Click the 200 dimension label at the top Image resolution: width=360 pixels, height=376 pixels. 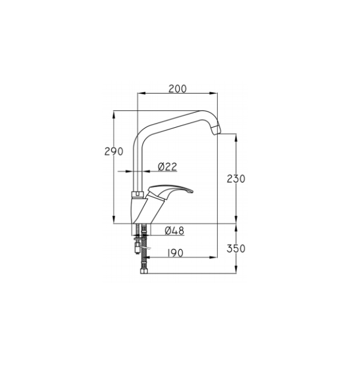[x=178, y=89]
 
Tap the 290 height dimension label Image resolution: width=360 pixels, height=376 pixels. [x=114, y=151]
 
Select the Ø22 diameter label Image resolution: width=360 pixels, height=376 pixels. [x=167, y=167]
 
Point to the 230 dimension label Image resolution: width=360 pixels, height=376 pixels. [x=236, y=179]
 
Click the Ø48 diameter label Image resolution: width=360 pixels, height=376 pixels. [x=175, y=231]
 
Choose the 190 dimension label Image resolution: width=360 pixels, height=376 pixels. [x=175, y=252]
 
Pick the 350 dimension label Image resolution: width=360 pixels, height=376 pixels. [x=236, y=248]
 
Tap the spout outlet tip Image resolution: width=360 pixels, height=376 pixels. [x=216, y=130]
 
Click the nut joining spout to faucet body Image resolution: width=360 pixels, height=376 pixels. [x=137, y=194]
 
